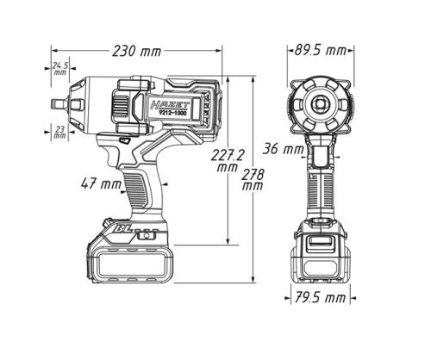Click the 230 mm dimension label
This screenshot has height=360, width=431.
click(137, 52)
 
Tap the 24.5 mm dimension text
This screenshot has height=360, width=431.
click(60, 69)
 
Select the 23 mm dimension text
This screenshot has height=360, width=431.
click(59, 132)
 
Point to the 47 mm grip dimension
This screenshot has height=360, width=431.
click(101, 183)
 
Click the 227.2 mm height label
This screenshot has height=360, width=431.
click(228, 161)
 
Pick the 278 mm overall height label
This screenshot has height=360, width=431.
click(253, 180)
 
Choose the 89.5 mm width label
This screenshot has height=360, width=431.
click(321, 51)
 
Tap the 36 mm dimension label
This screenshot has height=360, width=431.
click(284, 149)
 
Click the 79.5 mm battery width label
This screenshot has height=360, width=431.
click(320, 297)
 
